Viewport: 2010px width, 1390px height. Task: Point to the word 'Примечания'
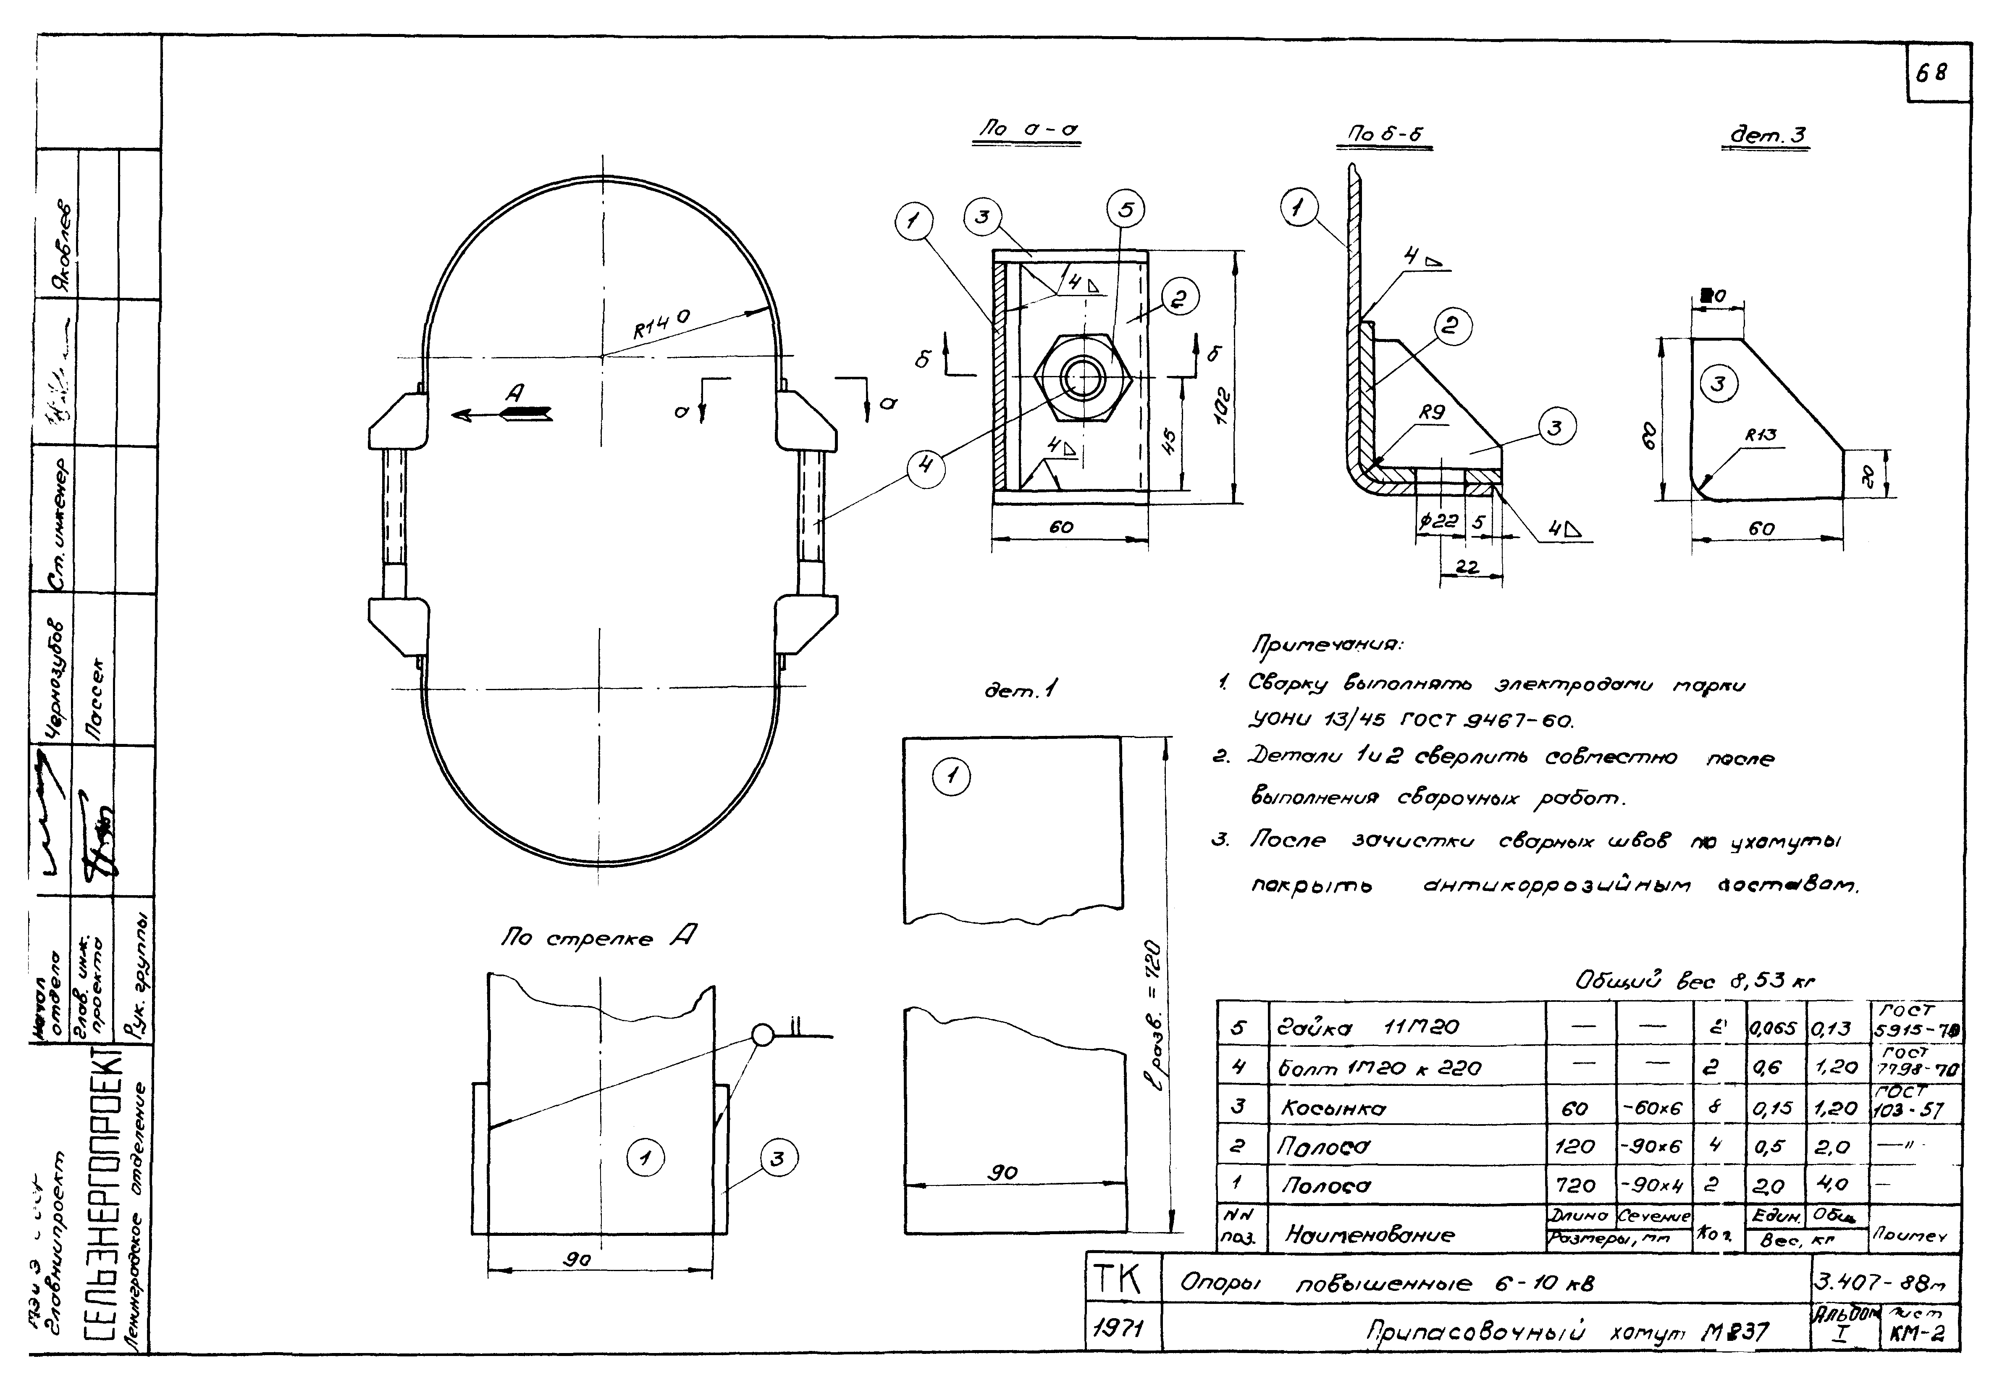pos(1326,645)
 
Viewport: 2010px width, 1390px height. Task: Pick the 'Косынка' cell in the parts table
pos(1332,1109)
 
